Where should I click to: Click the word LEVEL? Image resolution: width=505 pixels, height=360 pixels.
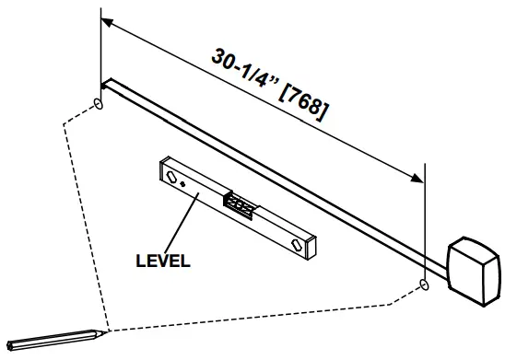coord(162,261)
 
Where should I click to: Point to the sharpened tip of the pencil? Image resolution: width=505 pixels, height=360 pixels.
coord(107,331)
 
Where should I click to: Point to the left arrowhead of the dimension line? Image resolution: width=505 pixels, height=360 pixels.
coord(106,21)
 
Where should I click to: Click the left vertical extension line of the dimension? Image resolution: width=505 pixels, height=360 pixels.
coord(99,55)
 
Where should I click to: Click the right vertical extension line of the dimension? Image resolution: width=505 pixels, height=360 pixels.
coord(423,221)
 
